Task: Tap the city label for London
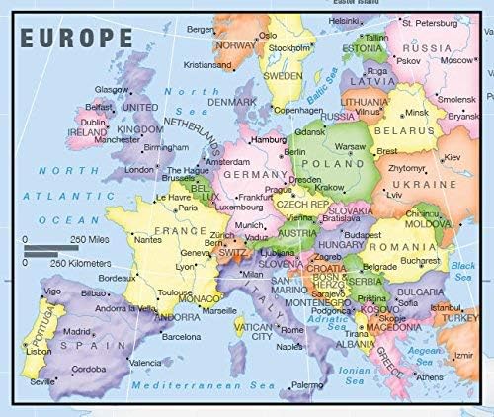pyautogui.click(x=139, y=169)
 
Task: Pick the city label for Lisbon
pyautogui.click(x=39, y=351)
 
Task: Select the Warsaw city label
pyautogui.click(x=352, y=147)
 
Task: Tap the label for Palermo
pyautogui.click(x=307, y=383)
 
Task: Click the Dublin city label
pyautogui.click(x=94, y=123)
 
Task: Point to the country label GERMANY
pyautogui.click(x=255, y=173)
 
